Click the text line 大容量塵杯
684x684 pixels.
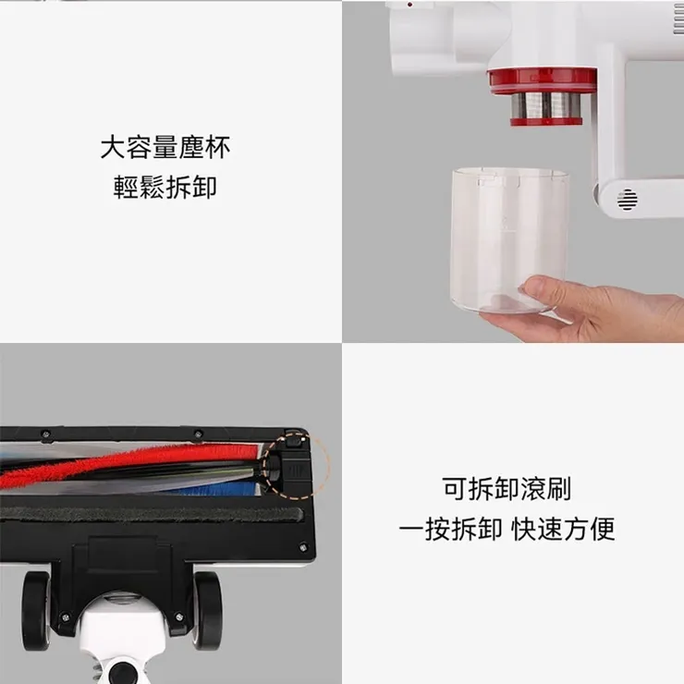pos(165,147)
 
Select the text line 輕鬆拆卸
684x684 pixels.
pos(165,186)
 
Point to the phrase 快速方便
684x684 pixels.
pos(564,530)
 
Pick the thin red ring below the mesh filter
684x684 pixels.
pos(547,121)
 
